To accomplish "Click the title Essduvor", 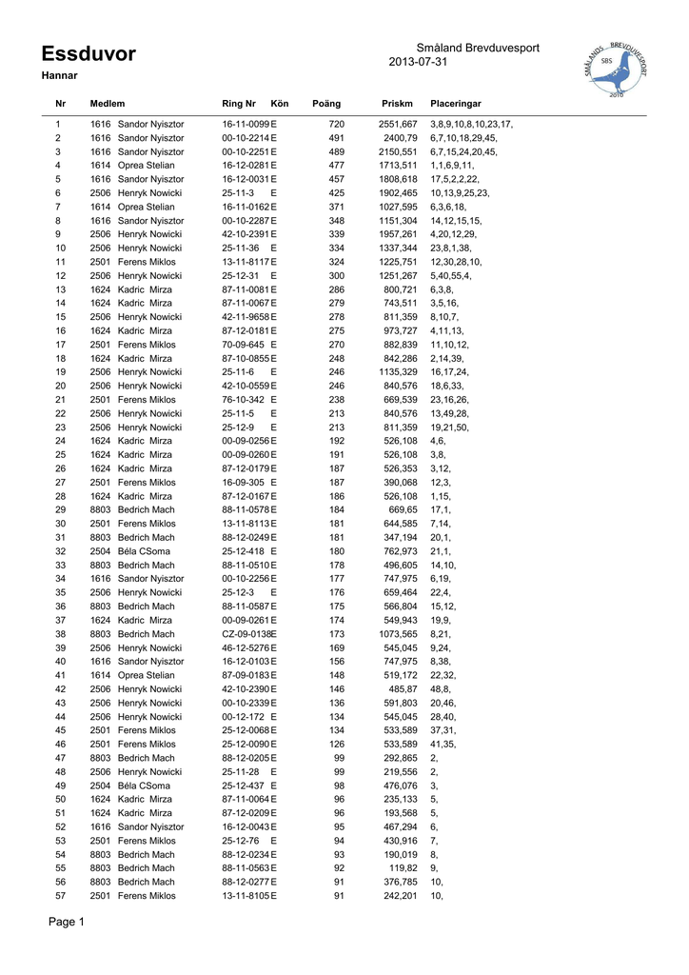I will pyautogui.click(x=89, y=54).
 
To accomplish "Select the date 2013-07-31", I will pyautogui.click(x=419, y=63).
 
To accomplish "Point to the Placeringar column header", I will pyautogui.click(x=456, y=103).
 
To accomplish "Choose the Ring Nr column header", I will pyautogui.click(x=239, y=103).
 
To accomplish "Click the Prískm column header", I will pyautogui.click(x=397, y=103).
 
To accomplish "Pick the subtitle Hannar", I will pyautogui.click(x=59, y=75).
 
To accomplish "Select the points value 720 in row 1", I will pyautogui.click(x=336, y=125).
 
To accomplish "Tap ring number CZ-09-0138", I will pyautogui.click(x=246, y=634).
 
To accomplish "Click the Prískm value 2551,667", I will pyautogui.click(x=398, y=125).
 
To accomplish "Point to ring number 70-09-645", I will pyautogui.click(x=244, y=345).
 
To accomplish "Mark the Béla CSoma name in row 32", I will pyautogui.click(x=144, y=551).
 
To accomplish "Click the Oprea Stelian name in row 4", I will pyautogui.click(x=146, y=166).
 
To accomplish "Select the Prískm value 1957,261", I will pyautogui.click(x=398, y=234).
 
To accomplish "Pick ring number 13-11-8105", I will pyautogui.click(x=246, y=896).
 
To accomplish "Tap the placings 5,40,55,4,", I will pyautogui.click(x=452, y=276).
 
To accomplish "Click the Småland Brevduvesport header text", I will pyautogui.click(x=478, y=49).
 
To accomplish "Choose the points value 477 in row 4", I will pyautogui.click(x=336, y=166).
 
